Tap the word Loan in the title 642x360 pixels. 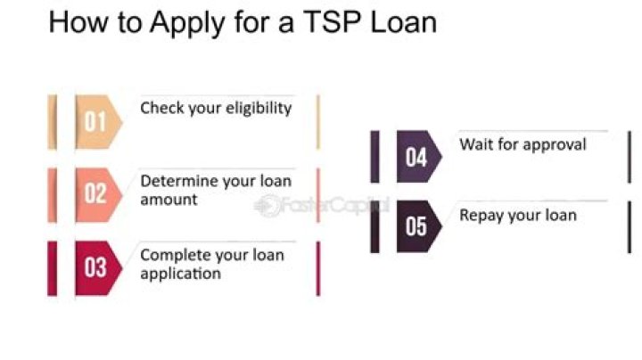point(403,21)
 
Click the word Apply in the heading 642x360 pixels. point(187,23)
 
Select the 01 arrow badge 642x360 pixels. point(99,122)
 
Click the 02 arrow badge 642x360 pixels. point(99,195)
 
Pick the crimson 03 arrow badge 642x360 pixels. point(99,268)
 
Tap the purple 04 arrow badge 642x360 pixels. point(419,156)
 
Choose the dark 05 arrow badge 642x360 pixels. point(419,226)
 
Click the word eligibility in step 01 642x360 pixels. point(259,109)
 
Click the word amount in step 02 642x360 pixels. point(169,200)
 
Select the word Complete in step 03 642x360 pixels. point(176,256)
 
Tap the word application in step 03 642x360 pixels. point(180,274)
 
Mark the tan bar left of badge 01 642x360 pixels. point(53,122)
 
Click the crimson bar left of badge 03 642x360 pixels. point(53,268)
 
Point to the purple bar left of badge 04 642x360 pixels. point(374,157)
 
